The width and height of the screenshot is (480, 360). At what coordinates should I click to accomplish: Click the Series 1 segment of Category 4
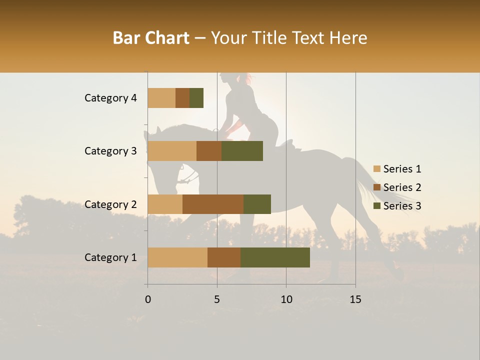pos(161,98)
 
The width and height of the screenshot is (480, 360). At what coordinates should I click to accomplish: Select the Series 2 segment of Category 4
pos(182,98)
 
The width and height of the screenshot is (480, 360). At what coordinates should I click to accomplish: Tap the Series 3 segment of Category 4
pos(196,98)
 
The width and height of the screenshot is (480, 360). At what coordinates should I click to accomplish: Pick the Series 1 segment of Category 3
pos(172,151)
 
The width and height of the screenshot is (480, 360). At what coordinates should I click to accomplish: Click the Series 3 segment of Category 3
pos(242,151)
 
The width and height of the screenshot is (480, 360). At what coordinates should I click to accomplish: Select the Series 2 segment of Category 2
pos(213,204)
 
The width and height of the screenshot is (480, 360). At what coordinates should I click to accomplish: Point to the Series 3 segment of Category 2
pos(257,204)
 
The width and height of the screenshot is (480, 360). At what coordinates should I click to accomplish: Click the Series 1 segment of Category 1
pos(177,257)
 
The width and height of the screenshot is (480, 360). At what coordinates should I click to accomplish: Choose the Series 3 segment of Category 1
pos(275,257)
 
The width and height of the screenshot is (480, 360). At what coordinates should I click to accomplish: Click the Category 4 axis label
pos(110,98)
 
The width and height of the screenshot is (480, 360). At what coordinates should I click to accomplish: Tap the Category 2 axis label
pos(110,204)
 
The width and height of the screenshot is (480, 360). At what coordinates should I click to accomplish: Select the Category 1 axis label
pos(110,257)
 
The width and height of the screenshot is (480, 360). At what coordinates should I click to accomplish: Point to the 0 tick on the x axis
pos(148,299)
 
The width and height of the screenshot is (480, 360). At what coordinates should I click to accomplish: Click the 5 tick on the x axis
pos(217,299)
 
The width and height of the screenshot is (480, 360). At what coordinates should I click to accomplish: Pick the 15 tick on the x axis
pos(355,299)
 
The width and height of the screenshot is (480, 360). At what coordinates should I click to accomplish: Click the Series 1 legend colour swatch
pos(377,169)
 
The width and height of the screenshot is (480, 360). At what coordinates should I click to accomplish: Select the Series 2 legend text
pos(402,187)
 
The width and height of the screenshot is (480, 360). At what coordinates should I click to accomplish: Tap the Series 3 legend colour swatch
pos(377,206)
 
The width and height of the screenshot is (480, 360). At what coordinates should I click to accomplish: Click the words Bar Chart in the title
pos(151,38)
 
